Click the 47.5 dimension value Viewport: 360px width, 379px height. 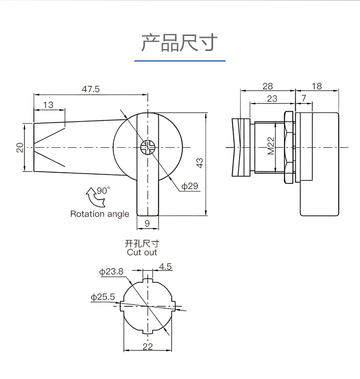click(x=91, y=89)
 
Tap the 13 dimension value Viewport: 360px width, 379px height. click(x=48, y=105)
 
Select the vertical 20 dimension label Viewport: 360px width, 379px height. click(x=20, y=147)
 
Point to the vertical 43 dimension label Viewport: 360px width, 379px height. click(x=200, y=163)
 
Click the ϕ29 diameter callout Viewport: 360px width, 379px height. click(x=190, y=186)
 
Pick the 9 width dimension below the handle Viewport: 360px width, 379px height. click(x=147, y=224)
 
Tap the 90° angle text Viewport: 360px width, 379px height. click(x=103, y=190)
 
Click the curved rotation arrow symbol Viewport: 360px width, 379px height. click(x=95, y=197)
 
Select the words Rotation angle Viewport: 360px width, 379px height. click(x=100, y=214)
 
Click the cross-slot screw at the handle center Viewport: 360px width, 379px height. click(x=148, y=147)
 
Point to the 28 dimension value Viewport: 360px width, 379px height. click(x=268, y=86)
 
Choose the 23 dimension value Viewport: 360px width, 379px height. click(x=272, y=99)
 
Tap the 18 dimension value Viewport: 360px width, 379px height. click(x=317, y=86)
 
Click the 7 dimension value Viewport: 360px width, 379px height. click(x=304, y=98)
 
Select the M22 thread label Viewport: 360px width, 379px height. click(x=271, y=146)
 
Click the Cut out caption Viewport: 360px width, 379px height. click(x=142, y=252)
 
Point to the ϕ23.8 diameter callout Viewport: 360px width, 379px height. click(x=111, y=272)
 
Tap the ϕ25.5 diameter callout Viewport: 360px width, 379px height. click(x=103, y=297)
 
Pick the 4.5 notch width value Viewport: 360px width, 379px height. click(x=166, y=266)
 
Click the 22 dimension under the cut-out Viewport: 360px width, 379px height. click(x=148, y=346)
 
